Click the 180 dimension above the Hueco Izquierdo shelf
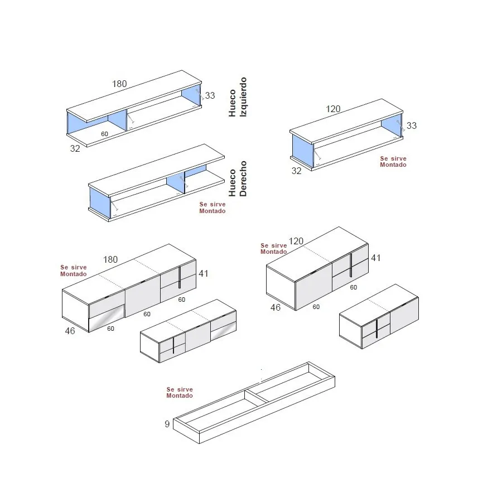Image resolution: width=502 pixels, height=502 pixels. coord(119,84)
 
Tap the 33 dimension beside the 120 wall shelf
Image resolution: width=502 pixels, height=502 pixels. coord(412,126)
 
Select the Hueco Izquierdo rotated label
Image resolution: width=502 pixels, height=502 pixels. coord(238,97)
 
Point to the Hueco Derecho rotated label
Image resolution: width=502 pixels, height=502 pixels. coord(238,178)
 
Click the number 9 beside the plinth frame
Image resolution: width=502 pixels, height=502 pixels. coord(167,424)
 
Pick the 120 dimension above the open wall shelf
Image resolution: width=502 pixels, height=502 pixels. coord(333,109)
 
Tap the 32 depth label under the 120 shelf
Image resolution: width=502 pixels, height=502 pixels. coord(296,171)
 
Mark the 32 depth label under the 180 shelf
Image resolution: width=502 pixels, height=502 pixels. coord(75,148)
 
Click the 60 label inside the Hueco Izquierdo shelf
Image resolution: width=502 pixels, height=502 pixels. coord(104,134)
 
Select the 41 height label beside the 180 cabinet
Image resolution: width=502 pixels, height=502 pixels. coord(203,273)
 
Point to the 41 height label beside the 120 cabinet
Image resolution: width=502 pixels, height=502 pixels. coord(375,258)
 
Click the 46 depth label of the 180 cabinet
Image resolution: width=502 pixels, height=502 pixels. coord(70,331)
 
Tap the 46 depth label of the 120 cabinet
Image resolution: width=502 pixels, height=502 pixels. coord(276,307)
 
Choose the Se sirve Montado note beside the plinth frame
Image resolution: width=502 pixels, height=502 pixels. coord(180,393)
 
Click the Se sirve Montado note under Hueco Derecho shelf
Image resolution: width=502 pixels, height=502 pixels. coord(213,207)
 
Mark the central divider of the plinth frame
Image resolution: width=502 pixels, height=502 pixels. coord(257,395)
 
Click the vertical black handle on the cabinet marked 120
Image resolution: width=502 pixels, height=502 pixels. coord(351,266)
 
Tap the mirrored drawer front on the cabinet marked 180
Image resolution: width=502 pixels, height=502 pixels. coord(107,318)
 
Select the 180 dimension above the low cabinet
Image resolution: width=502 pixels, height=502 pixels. coord(110,259)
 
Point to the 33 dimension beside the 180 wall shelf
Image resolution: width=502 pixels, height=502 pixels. coord(210,95)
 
